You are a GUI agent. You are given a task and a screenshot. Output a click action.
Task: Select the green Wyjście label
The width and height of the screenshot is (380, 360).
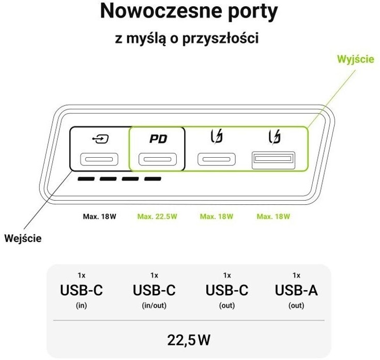(355, 59)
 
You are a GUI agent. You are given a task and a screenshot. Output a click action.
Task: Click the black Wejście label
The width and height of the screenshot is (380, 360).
(23, 238)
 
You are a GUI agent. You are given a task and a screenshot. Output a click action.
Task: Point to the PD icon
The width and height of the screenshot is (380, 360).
(158, 139)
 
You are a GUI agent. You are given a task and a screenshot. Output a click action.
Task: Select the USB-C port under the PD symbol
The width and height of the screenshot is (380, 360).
(158, 159)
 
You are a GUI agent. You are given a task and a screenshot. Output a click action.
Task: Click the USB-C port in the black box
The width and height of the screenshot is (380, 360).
(99, 159)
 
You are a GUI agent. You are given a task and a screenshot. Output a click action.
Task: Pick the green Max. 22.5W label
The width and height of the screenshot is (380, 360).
(157, 216)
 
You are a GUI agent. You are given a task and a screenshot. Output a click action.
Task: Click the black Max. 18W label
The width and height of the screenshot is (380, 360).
(99, 216)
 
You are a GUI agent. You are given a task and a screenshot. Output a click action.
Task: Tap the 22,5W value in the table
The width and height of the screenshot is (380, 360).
(189, 340)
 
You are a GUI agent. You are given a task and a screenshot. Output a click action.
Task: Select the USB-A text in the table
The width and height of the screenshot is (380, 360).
(296, 291)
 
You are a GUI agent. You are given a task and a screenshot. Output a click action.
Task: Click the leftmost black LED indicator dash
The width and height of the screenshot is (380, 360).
(86, 179)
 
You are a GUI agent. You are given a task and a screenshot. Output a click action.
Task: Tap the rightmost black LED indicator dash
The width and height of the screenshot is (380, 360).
(153, 179)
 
